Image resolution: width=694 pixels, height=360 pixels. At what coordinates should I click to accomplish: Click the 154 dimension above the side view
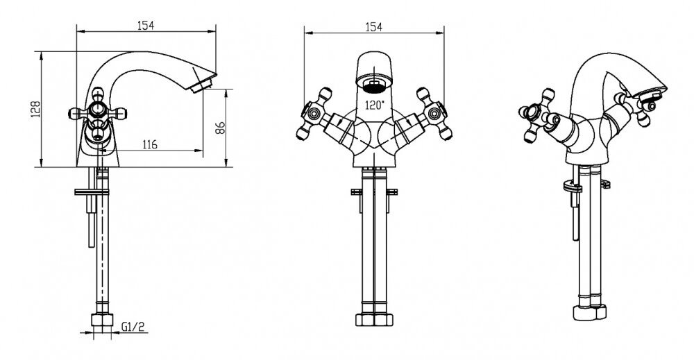pos(146,25)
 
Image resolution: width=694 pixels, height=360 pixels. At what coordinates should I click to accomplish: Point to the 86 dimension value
pos(220,128)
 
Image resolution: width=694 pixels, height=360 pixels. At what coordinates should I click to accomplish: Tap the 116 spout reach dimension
pos(150,144)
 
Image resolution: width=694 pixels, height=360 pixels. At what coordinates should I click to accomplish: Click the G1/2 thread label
pos(133,327)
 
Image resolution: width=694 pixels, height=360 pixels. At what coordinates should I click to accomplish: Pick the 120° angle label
pos(375,105)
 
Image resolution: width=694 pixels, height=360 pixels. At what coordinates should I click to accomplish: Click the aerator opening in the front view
pos(374,85)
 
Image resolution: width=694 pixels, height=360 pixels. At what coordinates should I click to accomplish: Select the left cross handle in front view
pos(314,114)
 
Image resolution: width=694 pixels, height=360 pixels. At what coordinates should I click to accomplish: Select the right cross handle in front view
pos(434,114)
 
